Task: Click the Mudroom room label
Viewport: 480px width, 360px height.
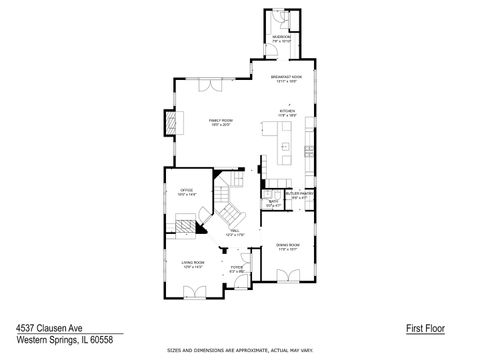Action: coord(281,39)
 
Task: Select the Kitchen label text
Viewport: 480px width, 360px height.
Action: coord(288,114)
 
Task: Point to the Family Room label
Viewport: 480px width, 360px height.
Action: coord(219,123)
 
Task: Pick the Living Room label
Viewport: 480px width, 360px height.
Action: coord(192,265)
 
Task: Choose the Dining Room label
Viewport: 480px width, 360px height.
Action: coord(289,247)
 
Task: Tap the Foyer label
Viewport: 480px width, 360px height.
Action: coord(237,268)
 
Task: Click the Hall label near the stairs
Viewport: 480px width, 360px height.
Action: coord(235,233)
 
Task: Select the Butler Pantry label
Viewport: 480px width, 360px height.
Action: coord(300,194)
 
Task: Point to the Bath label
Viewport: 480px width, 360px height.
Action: coord(273,203)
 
